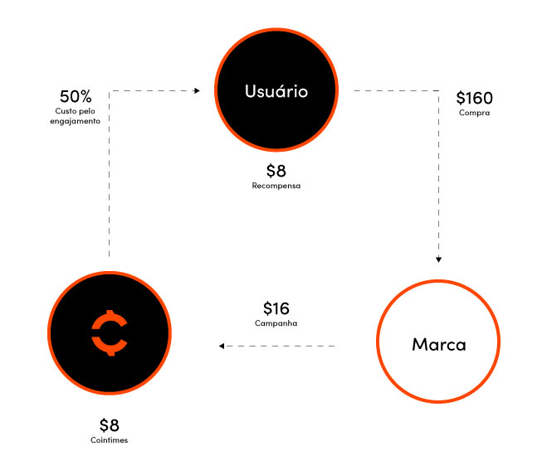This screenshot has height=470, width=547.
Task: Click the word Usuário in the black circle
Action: click(x=276, y=91)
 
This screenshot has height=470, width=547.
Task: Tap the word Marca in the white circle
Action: click(x=439, y=345)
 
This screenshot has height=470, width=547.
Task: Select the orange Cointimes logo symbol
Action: click(x=110, y=332)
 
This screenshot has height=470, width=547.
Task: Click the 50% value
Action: click(x=76, y=96)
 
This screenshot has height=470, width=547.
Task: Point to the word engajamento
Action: click(x=75, y=121)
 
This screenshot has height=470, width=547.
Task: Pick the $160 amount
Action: click(x=475, y=98)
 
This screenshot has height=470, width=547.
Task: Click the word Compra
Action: click(x=475, y=113)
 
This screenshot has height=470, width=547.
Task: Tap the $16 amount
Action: click(x=276, y=308)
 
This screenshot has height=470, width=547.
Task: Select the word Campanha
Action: click(x=276, y=323)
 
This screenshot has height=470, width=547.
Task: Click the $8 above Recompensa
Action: click(x=276, y=171)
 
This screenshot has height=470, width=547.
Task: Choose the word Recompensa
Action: click(x=276, y=186)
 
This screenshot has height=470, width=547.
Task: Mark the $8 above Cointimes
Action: click(x=110, y=425)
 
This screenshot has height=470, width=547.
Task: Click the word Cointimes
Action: click(x=110, y=440)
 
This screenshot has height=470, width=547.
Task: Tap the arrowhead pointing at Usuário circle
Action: click(x=197, y=90)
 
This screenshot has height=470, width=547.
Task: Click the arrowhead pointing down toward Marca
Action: click(x=439, y=259)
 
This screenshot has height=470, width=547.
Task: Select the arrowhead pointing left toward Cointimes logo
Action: click(x=222, y=346)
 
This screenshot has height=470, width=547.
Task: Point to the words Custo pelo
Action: click(x=75, y=111)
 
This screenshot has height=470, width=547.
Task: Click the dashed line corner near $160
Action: click(x=439, y=90)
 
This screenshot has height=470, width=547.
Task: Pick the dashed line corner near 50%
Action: click(x=110, y=90)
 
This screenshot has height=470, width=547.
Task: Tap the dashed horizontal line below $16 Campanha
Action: click(x=278, y=346)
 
